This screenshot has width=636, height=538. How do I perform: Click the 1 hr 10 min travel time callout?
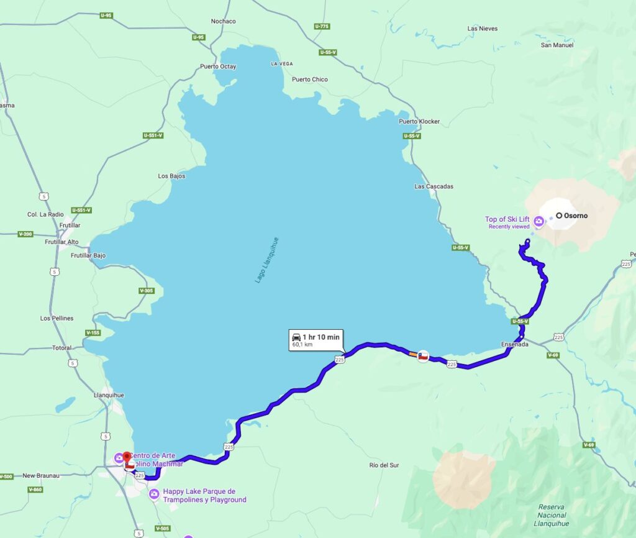(x=316, y=339)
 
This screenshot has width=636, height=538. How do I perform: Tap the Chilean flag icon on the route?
(x=423, y=357)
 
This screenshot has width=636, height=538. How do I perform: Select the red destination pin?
(x=127, y=457)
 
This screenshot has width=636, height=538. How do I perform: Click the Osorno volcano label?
(x=575, y=216)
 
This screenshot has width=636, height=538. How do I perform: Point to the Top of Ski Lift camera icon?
(x=538, y=221)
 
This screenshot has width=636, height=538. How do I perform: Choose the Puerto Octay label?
(x=218, y=66)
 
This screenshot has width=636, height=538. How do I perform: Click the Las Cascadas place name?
(x=434, y=186)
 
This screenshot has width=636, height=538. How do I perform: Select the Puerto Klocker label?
(x=419, y=122)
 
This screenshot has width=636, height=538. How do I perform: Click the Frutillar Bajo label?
(x=88, y=255)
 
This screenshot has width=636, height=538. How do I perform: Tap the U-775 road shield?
(x=322, y=26)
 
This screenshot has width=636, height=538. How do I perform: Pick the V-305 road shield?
(x=147, y=291)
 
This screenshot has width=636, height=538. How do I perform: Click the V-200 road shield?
(x=25, y=234)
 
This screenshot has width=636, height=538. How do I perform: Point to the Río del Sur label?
(x=383, y=465)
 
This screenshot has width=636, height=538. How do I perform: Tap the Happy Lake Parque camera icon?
(x=154, y=494)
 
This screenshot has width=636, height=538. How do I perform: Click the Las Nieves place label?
(x=482, y=29)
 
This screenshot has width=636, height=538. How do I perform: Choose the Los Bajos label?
(x=171, y=176)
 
